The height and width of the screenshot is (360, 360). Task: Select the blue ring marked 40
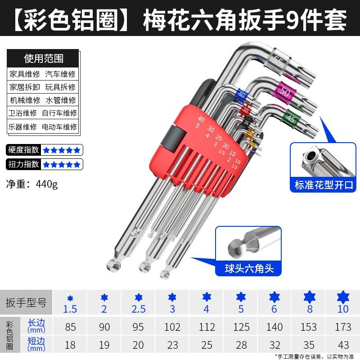pyautogui.click(x=242, y=95)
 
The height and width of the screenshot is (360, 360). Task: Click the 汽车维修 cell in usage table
pyautogui.click(x=60, y=74)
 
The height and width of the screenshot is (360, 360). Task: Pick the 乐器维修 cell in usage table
pyautogui.click(x=23, y=126)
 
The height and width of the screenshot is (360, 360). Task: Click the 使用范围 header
pyautogui.click(x=43, y=58)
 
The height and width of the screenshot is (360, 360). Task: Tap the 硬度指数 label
pyautogui.click(x=23, y=150)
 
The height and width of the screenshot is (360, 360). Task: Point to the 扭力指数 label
pyautogui.click(x=23, y=164)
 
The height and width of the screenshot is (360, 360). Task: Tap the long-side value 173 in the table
pyautogui.click(x=342, y=327)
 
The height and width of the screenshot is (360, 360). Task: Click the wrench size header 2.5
pyautogui.click(x=138, y=309)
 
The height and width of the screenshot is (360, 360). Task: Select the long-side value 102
pyautogui.click(x=172, y=327)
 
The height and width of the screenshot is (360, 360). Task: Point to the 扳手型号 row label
pyautogui.click(x=26, y=302)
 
